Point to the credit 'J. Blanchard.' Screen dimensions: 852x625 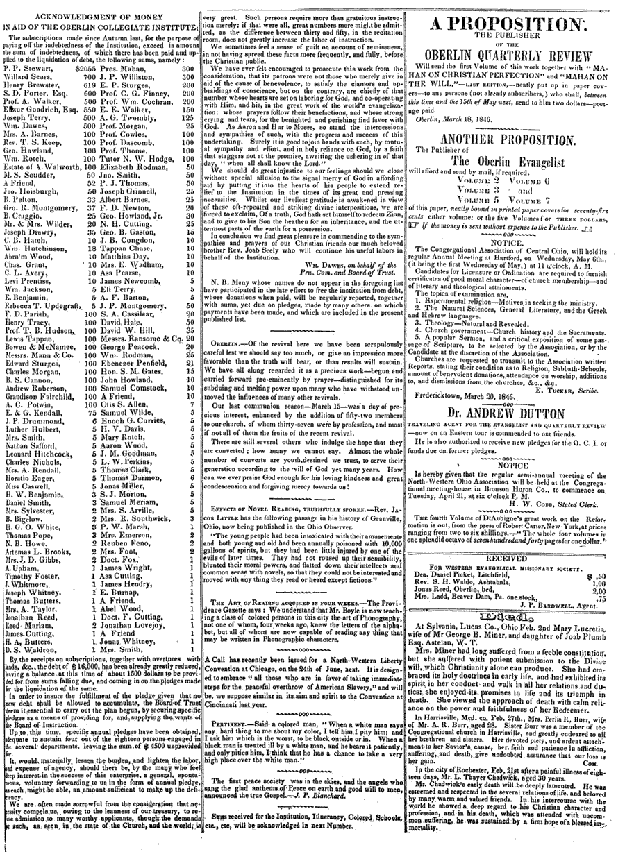click(x=359, y=810)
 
